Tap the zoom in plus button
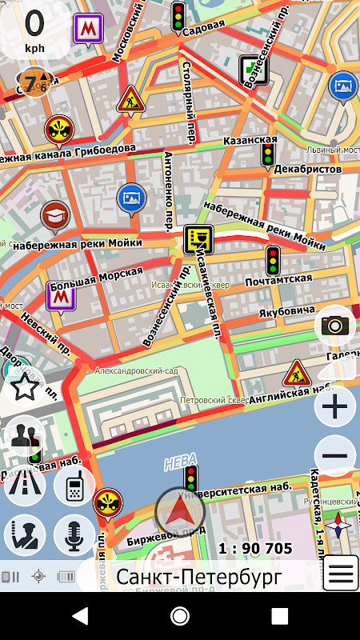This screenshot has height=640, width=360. coord(335,408)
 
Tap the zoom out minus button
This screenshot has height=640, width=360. coord(335,457)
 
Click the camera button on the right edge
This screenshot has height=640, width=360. coord(335,325)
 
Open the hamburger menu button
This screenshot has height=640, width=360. coord(340,574)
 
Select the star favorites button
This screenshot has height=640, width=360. coord(25,388)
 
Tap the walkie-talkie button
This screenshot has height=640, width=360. coord(74,486)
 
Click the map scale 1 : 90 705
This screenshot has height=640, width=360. coord(255,548)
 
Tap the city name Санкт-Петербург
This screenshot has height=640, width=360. coord(198,576)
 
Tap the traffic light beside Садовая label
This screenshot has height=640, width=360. coord(178,14)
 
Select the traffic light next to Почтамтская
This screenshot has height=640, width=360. coord(274,260)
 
